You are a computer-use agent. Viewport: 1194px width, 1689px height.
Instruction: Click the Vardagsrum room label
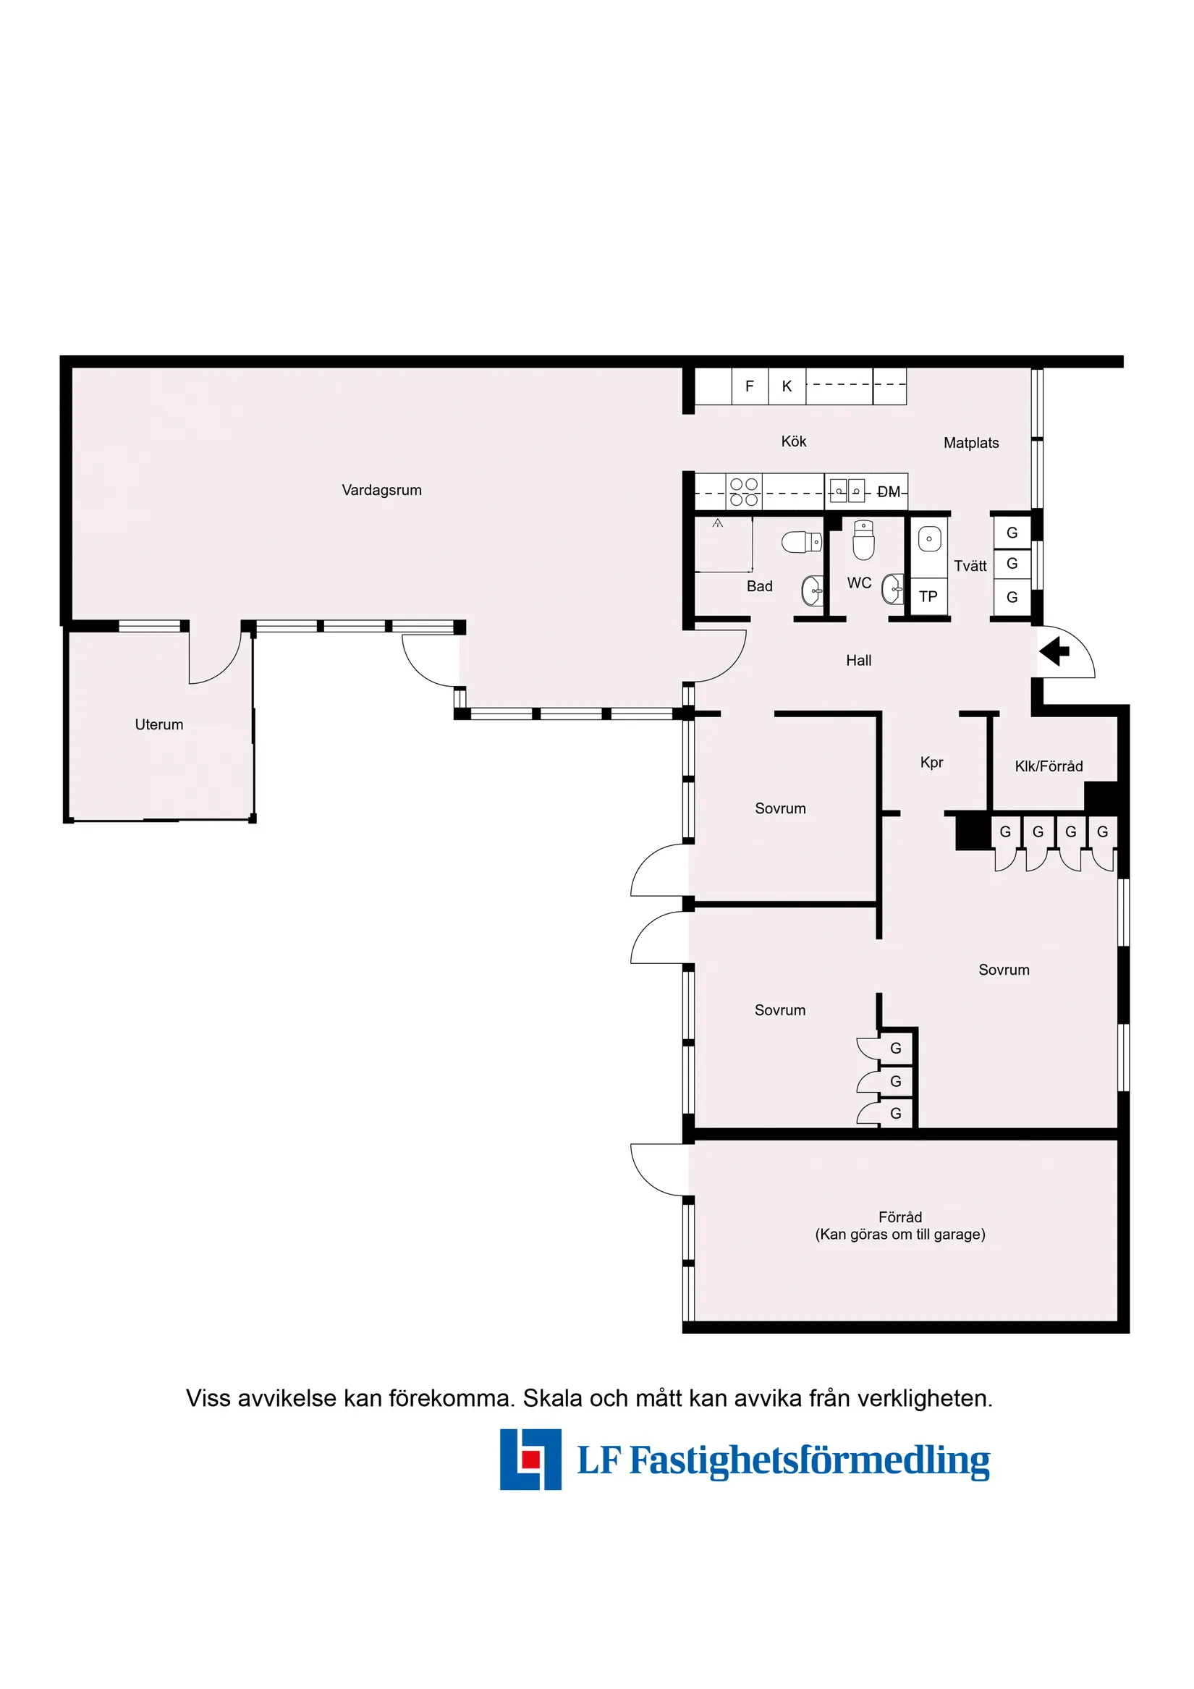(x=381, y=490)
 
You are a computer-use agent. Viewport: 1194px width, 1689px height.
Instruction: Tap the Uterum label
(x=159, y=724)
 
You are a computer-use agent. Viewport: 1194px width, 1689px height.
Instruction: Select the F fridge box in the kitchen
(x=749, y=386)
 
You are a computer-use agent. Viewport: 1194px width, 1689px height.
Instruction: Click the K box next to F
(x=787, y=386)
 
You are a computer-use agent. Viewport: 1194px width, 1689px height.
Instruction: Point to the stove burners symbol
(x=744, y=492)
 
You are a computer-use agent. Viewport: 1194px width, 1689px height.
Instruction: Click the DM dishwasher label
(x=889, y=492)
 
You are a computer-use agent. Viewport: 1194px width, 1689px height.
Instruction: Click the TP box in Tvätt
(x=928, y=596)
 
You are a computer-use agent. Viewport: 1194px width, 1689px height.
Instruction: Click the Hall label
(x=858, y=661)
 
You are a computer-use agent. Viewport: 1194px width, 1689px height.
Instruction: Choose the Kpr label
(x=931, y=763)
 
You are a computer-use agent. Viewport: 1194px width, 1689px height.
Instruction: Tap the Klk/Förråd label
(x=1049, y=766)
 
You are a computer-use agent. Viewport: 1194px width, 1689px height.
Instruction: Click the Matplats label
(x=970, y=443)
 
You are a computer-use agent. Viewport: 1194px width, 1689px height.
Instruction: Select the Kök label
(x=793, y=441)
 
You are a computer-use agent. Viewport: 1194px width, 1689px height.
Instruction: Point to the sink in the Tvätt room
(x=929, y=539)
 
